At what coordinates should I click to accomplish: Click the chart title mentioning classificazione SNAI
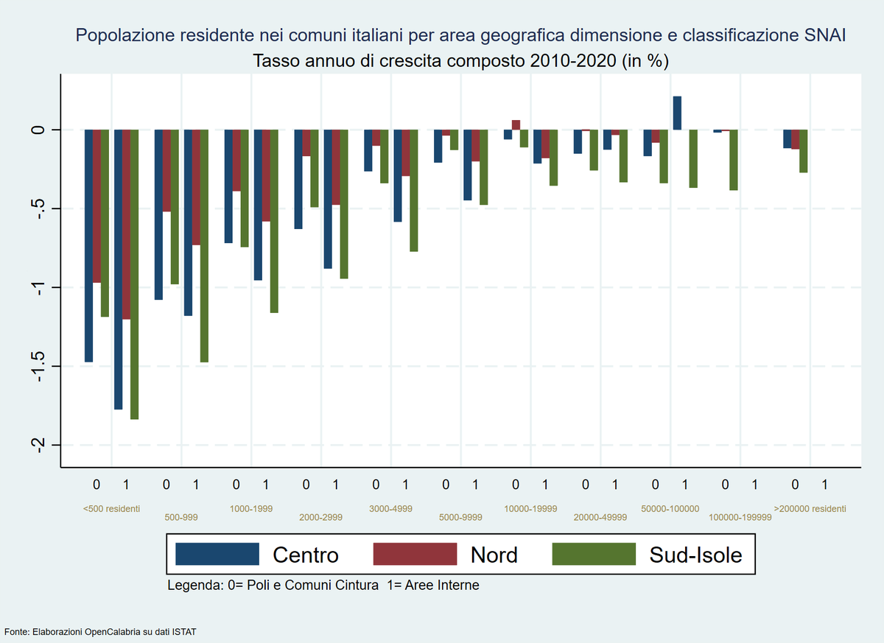click(460, 35)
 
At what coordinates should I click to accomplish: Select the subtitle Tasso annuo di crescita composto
click(460, 60)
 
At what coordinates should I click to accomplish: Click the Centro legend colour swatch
click(217, 554)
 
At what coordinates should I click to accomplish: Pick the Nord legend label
click(494, 554)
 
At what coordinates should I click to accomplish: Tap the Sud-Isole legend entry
click(695, 554)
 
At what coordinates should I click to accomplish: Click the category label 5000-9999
click(460, 518)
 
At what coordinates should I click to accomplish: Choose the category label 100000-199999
click(740, 518)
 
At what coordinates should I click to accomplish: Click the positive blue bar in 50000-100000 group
click(677, 113)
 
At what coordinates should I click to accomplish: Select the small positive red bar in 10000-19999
click(516, 124)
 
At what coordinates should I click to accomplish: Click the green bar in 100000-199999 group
click(734, 160)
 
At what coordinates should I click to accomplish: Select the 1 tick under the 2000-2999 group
click(335, 485)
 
